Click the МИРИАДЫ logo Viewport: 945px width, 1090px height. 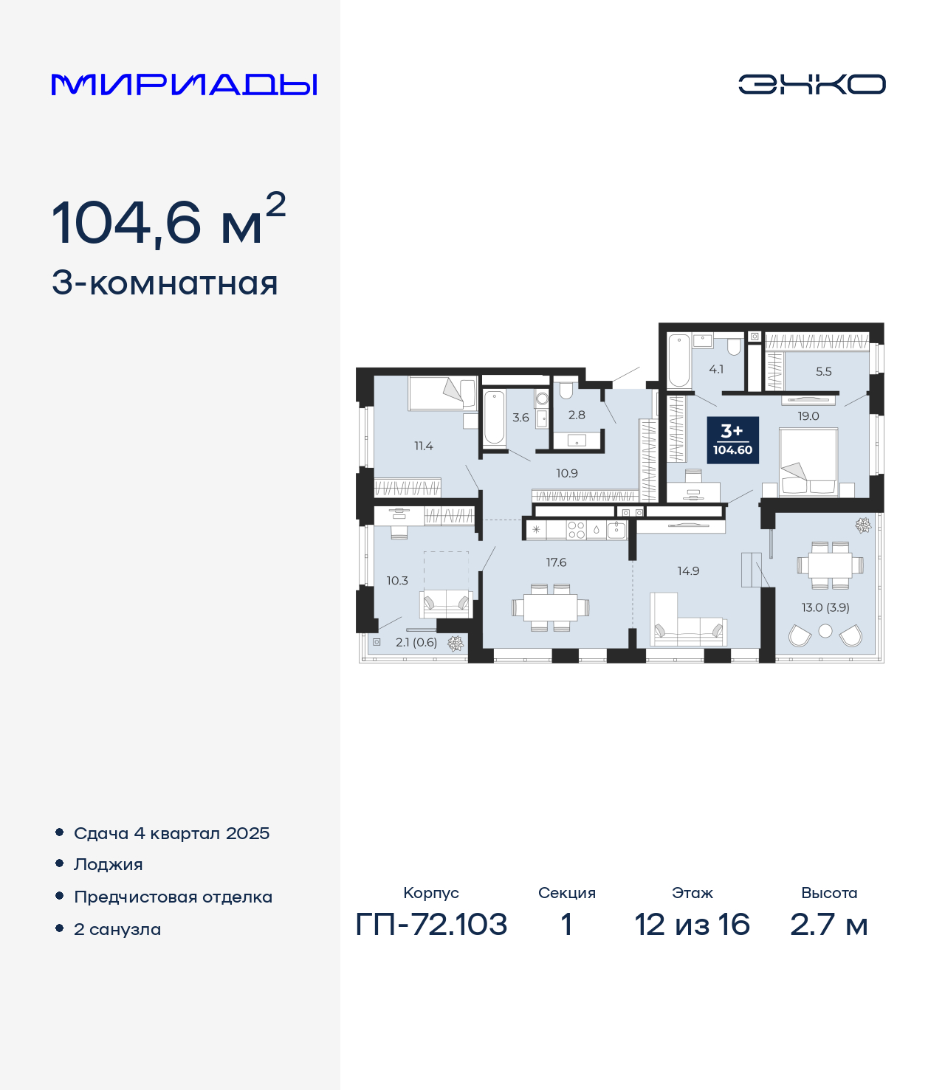184,84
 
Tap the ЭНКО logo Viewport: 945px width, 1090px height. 811,84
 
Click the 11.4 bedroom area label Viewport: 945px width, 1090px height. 423,446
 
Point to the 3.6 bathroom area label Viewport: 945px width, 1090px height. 520,418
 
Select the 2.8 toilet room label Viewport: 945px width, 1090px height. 577,415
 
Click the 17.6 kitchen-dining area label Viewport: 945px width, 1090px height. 556,562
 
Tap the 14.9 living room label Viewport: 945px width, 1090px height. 689,571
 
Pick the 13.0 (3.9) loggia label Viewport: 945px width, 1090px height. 825,607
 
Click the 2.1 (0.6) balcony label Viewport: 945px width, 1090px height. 416,642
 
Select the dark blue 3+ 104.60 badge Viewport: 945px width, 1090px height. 733,441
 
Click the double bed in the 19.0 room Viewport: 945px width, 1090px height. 808,462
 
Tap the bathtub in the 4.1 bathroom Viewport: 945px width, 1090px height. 679,361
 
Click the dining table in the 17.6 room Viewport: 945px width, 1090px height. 550,607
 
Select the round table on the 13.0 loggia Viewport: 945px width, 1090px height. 825,631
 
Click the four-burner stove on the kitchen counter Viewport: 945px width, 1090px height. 576,530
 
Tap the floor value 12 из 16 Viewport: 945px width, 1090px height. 693,924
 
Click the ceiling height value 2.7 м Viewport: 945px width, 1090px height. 829,924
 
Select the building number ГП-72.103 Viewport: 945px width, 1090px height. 432,924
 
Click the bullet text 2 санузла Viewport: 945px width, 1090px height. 117,929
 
